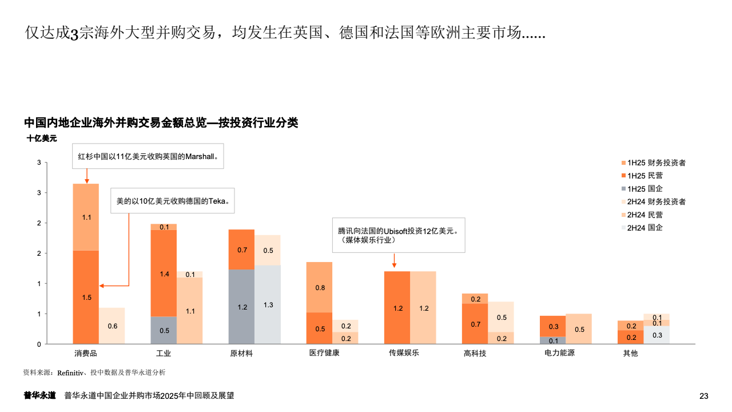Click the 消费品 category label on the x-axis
pyautogui.click(x=86, y=353)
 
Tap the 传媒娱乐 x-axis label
pyautogui.click(x=404, y=352)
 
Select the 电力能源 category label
pyautogui.click(x=559, y=352)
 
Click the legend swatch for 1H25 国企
pyautogui.click(x=623, y=189)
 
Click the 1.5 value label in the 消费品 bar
pyautogui.click(x=86, y=298)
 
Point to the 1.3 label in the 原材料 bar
pyautogui.click(x=268, y=305)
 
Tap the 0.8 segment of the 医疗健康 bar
pyautogui.click(x=320, y=287)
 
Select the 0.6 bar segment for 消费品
pyautogui.click(x=112, y=326)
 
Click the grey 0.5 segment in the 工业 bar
pyautogui.click(x=164, y=330)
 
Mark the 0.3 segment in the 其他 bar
pyautogui.click(x=657, y=335)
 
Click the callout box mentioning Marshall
pyautogui.click(x=148, y=156)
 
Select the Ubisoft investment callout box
pyautogui.click(x=399, y=235)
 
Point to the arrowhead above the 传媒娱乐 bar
pyautogui.click(x=394, y=266)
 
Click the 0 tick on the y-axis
pyautogui.click(x=39, y=344)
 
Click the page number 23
pyautogui.click(x=704, y=396)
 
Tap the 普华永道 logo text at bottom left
pyautogui.click(x=39, y=395)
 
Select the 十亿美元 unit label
pyautogui.click(x=42, y=138)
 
